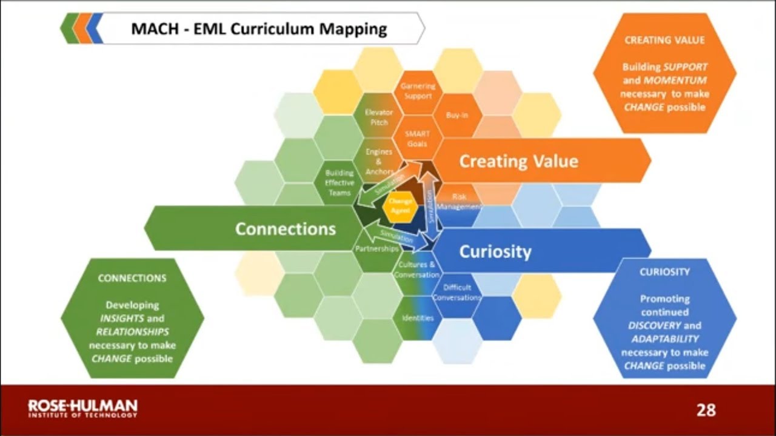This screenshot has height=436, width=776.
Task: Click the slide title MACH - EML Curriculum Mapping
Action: tap(259, 28)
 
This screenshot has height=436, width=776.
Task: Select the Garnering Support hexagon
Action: tap(418, 91)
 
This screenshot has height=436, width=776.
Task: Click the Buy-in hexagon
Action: tap(457, 115)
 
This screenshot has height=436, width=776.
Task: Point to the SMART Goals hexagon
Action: tap(418, 139)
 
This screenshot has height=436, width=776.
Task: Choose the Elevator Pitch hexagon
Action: tap(379, 117)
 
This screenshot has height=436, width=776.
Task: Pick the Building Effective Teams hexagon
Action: tap(339, 182)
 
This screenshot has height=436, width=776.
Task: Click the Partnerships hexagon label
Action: tap(376, 249)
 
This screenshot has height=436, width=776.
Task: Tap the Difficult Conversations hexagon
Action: tap(457, 292)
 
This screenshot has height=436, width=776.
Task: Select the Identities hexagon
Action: tap(418, 317)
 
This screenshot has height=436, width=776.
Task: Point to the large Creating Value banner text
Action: tap(518, 161)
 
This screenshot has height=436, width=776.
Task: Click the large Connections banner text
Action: tap(285, 229)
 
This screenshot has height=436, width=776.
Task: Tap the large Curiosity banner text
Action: tap(495, 251)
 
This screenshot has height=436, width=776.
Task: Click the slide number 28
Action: tap(706, 411)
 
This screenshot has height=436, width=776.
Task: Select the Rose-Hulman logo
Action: tap(83, 408)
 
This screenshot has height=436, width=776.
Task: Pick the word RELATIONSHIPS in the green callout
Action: tap(132, 332)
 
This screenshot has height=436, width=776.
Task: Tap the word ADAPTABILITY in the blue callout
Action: tap(664, 339)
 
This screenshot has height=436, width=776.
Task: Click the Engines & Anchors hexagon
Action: tap(380, 162)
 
